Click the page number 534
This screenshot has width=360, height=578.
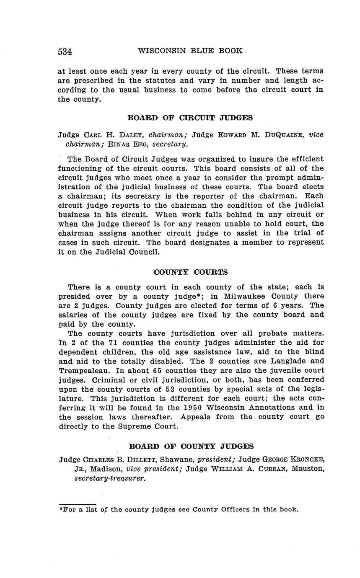pyautogui.click(x=65, y=52)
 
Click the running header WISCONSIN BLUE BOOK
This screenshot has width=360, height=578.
pyautogui.click(x=190, y=51)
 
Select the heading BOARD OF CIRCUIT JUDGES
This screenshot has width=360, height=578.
pyautogui.click(x=190, y=118)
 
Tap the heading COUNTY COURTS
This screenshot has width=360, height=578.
pyautogui.click(x=191, y=272)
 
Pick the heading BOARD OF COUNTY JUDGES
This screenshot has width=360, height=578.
pyautogui.click(x=191, y=446)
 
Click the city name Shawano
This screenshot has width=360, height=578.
pyautogui.click(x=177, y=460)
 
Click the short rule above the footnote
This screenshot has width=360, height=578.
pyautogui.click(x=78, y=504)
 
